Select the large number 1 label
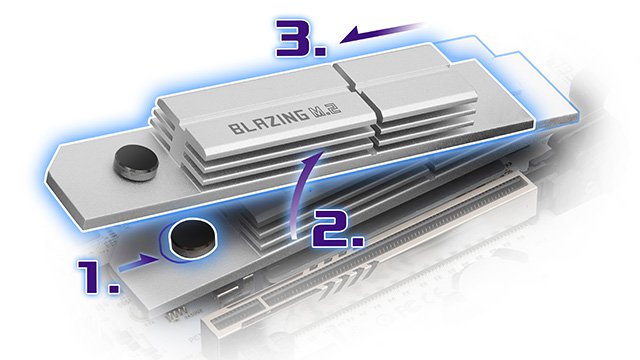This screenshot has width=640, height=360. (x=93, y=276)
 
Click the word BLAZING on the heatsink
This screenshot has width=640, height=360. (x=269, y=122)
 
